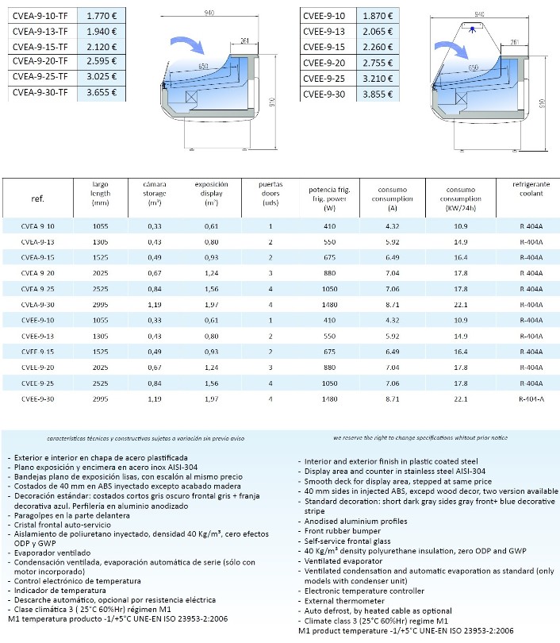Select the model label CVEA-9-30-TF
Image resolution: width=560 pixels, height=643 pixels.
(40, 93)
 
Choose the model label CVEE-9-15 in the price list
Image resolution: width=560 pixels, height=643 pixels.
(324, 47)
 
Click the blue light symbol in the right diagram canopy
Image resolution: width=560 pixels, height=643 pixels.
(473, 29)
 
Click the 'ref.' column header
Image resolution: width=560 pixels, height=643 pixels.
(37, 198)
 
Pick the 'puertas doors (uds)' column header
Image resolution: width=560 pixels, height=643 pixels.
(270, 193)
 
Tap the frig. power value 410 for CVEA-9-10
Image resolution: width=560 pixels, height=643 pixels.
(330, 226)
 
